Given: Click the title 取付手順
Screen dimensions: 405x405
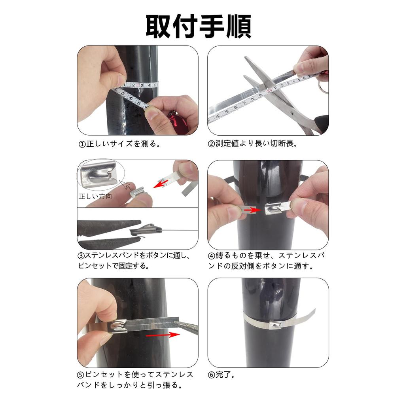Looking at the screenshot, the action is click(x=199, y=26).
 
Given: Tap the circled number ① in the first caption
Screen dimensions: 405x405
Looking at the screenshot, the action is click(x=82, y=144).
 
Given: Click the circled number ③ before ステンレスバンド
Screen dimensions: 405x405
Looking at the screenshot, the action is click(x=81, y=256).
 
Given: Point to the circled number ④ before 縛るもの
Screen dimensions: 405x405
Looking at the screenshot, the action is click(x=212, y=256).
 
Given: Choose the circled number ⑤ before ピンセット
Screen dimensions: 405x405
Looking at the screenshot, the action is click(x=81, y=375).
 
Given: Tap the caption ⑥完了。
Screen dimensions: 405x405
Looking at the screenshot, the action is click(x=221, y=375).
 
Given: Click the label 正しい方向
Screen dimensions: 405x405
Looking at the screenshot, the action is click(x=95, y=197).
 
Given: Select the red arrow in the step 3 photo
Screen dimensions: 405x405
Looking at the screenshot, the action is click(x=160, y=184).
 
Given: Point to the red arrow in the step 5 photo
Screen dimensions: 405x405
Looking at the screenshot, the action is click(x=163, y=335).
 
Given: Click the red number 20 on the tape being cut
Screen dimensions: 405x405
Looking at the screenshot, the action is click(x=269, y=91).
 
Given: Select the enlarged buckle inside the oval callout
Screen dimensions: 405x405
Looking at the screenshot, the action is click(x=99, y=173).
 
